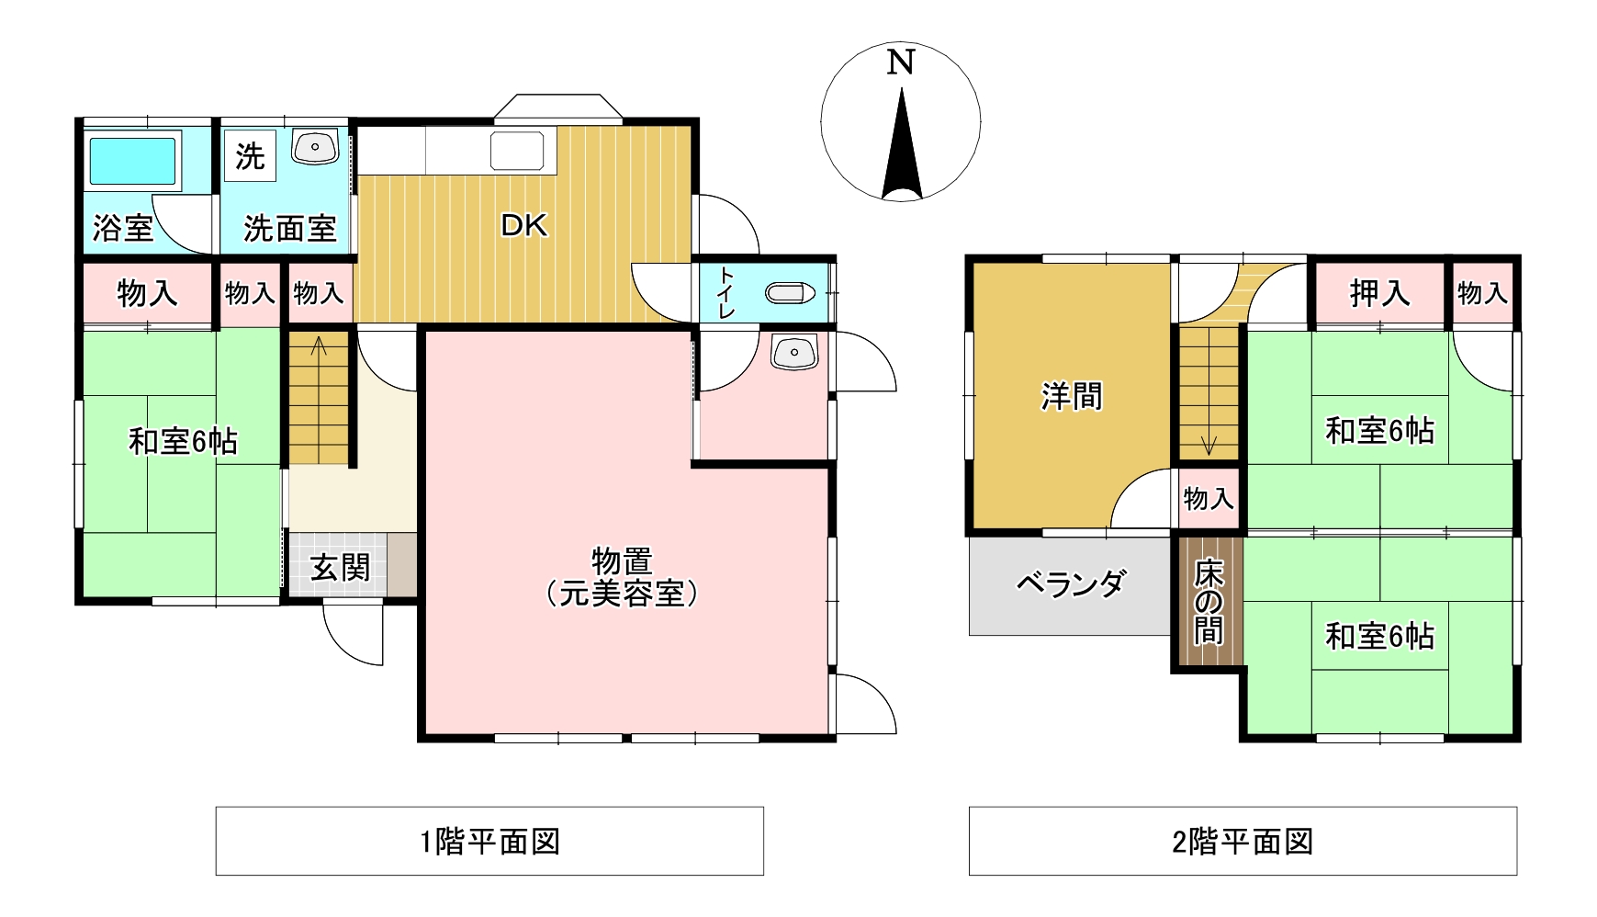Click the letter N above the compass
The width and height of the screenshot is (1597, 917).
(901, 62)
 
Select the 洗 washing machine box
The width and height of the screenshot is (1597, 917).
(249, 156)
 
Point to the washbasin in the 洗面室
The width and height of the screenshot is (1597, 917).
(317, 147)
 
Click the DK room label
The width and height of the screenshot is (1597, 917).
(523, 226)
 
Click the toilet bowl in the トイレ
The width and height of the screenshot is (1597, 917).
(791, 293)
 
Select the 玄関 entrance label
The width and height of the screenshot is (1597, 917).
(340, 568)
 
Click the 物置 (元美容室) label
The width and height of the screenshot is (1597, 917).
(622, 577)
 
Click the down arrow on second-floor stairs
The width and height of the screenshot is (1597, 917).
(1209, 444)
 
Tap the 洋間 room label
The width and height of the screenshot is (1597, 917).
(1072, 397)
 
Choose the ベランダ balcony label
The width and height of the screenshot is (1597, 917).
(1071, 583)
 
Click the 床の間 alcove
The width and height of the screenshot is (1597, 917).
(1208, 603)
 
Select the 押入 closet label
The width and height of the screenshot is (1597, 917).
(1379, 293)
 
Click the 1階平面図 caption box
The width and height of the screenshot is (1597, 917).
(489, 841)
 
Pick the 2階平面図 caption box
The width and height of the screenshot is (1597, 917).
(1243, 841)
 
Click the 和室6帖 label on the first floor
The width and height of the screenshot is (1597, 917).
(183, 442)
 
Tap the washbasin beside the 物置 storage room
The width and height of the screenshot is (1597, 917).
(794, 353)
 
